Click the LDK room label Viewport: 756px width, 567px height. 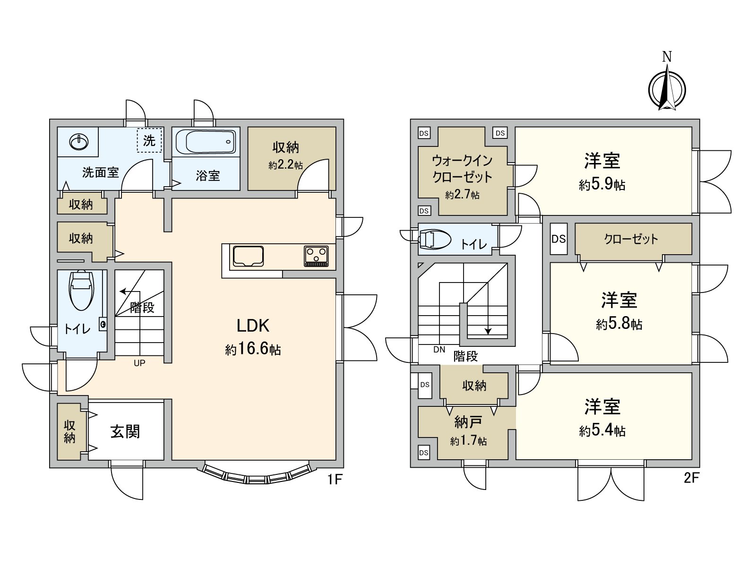[x=253, y=326]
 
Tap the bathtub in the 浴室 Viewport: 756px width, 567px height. [x=206, y=141]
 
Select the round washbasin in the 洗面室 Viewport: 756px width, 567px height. [x=78, y=141]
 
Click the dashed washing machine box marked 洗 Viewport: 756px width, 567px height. [x=149, y=140]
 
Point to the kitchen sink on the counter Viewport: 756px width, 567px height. [x=248, y=257]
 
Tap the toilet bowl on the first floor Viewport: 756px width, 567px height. [x=81, y=289]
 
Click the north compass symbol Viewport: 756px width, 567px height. [x=667, y=88]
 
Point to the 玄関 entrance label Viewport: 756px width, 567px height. [x=125, y=431]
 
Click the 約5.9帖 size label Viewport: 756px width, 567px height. [x=602, y=185]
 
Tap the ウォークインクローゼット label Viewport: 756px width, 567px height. [x=462, y=169]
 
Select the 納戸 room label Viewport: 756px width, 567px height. [x=468, y=421]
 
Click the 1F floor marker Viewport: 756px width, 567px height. [x=334, y=480]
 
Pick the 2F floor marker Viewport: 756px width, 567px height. [x=691, y=478]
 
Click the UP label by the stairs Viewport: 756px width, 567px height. [x=139, y=363]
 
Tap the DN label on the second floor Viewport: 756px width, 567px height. [x=439, y=350]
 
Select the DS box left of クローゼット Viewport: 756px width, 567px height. [x=558, y=239]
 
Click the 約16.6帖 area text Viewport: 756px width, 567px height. [x=253, y=349]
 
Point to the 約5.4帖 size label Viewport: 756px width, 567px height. [x=602, y=431]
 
